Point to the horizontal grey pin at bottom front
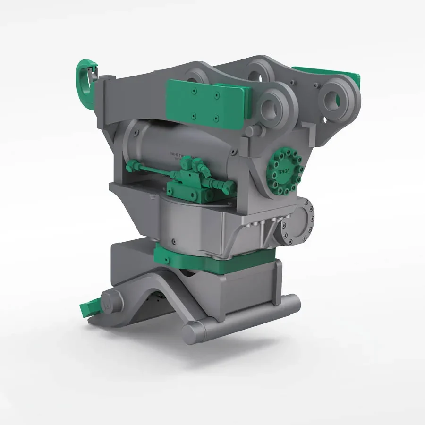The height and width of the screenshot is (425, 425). [241, 317]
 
